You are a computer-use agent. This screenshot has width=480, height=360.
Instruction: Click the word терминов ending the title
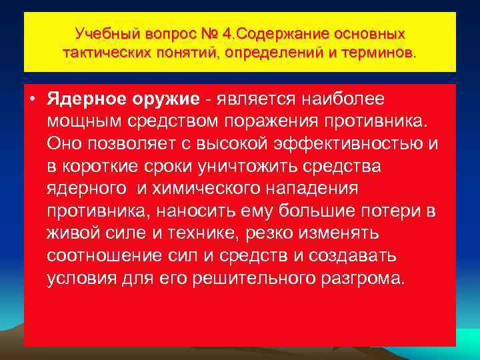[379, 51]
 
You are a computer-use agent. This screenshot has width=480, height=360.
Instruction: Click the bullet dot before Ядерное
[33, 99]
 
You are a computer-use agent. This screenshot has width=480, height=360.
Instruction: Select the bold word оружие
[167, 99]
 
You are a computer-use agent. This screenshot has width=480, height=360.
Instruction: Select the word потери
[387, 211]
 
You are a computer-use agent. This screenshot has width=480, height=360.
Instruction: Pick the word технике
[186, 234]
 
